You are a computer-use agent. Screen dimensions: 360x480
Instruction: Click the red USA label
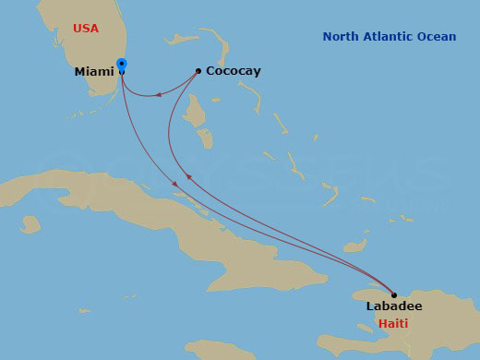[86, 29]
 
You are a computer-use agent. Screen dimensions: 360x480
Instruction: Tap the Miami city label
[93, 71]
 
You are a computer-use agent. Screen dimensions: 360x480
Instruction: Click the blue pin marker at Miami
[123, 66]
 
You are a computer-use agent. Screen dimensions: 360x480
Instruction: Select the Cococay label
[233, 71]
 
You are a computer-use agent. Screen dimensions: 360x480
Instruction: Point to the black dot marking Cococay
[198, 70]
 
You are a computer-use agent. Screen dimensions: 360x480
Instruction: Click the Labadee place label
[394, 306]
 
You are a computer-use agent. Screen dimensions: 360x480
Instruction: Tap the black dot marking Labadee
[394, 295]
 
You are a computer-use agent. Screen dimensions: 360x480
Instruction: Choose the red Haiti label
[393, 324]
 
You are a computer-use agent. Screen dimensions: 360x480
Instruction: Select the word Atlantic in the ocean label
[391, 37]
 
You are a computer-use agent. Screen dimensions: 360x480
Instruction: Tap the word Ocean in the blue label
[437, 37]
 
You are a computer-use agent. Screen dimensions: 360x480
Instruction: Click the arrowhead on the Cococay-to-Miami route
[158, 92]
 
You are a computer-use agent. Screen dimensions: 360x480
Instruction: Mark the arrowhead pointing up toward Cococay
[187, 175]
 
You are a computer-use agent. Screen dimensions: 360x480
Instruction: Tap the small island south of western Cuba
[30, 223]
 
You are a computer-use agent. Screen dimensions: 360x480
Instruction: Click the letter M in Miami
[79, 71]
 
